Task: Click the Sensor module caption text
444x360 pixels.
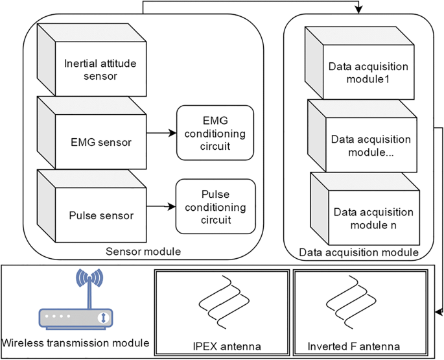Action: [142, 251]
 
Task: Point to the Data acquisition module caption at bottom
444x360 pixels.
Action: [358, 252]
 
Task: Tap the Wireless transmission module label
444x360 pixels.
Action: [76, 342]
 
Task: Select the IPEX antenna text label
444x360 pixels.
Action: [221, 344]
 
